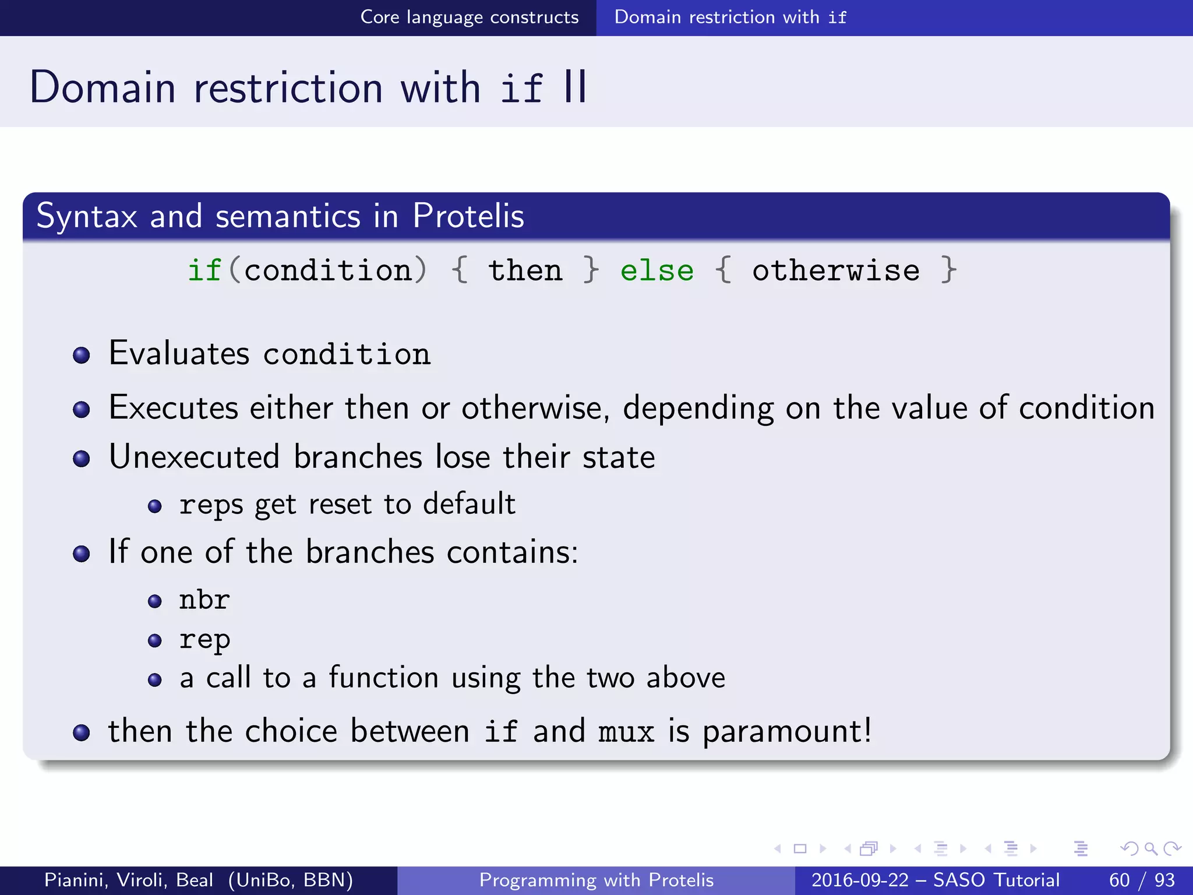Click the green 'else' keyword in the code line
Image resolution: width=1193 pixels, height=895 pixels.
click(656, 271)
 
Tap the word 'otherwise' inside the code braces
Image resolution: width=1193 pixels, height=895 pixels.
click(835, 271)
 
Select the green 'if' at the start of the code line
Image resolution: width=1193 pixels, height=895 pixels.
click(204, 271)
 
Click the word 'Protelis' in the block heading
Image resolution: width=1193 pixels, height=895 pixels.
click(468, 216)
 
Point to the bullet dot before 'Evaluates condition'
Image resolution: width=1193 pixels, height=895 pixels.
click(82, 355)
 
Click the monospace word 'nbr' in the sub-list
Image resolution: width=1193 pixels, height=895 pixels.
click(204, 600)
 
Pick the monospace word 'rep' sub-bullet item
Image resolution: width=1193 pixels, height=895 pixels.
click(204, 640)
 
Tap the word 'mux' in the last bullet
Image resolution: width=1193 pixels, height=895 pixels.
click(626, 732)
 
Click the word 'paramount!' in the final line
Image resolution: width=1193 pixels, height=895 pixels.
click(787, 732)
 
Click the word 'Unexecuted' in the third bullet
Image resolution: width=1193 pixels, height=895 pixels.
click(194, 457)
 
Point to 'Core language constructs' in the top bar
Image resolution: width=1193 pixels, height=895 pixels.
click(470, 17)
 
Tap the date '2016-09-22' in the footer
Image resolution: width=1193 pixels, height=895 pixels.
click(859, 880)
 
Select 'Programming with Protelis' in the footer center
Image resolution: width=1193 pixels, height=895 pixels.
click(596, 880)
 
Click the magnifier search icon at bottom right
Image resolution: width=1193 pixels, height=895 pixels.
click(1150, 848)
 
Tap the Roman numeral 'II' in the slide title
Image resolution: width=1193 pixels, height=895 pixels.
click(575, 87)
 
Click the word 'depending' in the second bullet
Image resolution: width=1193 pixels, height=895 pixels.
click(698, 408)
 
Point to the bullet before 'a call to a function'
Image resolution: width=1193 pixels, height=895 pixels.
click(154, 680)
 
